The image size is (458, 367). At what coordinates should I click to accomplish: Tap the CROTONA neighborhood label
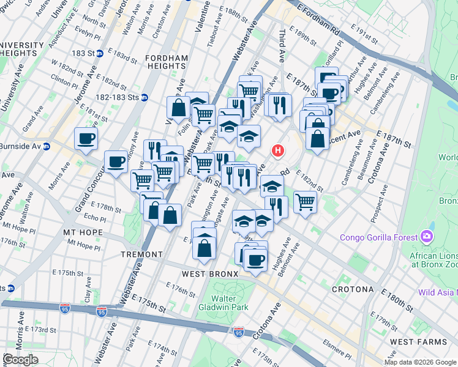click(x=353, y=289)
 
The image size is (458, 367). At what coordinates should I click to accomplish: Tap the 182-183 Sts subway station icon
click(x=145, y=97)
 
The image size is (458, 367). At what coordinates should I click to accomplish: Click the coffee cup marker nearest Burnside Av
click(x=86, y=137)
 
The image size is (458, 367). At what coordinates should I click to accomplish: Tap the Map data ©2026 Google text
click(x=420, y=362)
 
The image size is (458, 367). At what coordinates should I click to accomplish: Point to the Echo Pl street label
click(x=95, y=218)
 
